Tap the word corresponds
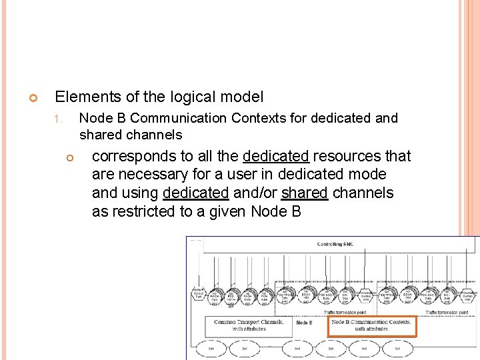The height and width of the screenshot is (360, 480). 133,157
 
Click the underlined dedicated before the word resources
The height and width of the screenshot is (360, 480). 275,157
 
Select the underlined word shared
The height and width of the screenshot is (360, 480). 305,194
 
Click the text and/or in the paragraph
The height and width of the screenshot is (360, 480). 255,194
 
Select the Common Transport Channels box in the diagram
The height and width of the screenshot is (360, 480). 248,325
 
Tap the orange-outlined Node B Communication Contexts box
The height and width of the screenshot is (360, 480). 372,325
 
